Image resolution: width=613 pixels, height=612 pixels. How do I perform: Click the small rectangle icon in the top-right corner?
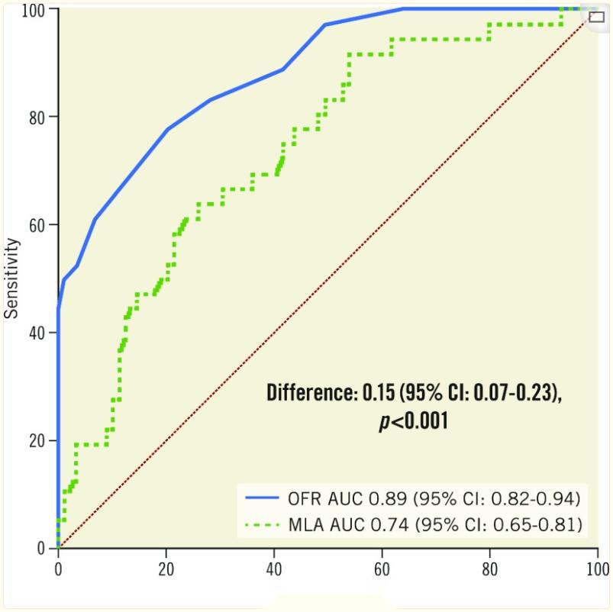coord(596,17)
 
